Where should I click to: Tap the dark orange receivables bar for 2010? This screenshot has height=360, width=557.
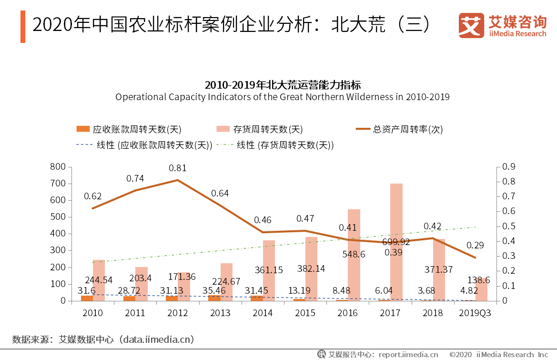click(87, 298)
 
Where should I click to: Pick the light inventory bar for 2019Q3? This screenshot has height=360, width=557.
click(482, 290)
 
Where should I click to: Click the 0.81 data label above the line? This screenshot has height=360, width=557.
click(178, 168)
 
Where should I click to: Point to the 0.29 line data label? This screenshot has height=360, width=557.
click(475, 246)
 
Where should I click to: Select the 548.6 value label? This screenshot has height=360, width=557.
click(354, 255)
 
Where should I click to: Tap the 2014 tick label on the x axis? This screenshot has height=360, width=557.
click(263, 313)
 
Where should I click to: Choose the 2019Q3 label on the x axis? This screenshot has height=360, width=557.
click(475, 313)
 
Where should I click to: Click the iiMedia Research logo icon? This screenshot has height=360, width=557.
click(471, 25)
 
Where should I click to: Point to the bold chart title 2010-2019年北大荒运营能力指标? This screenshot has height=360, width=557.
click(283, 85)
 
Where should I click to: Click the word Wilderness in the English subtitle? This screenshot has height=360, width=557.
click(370, 97)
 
